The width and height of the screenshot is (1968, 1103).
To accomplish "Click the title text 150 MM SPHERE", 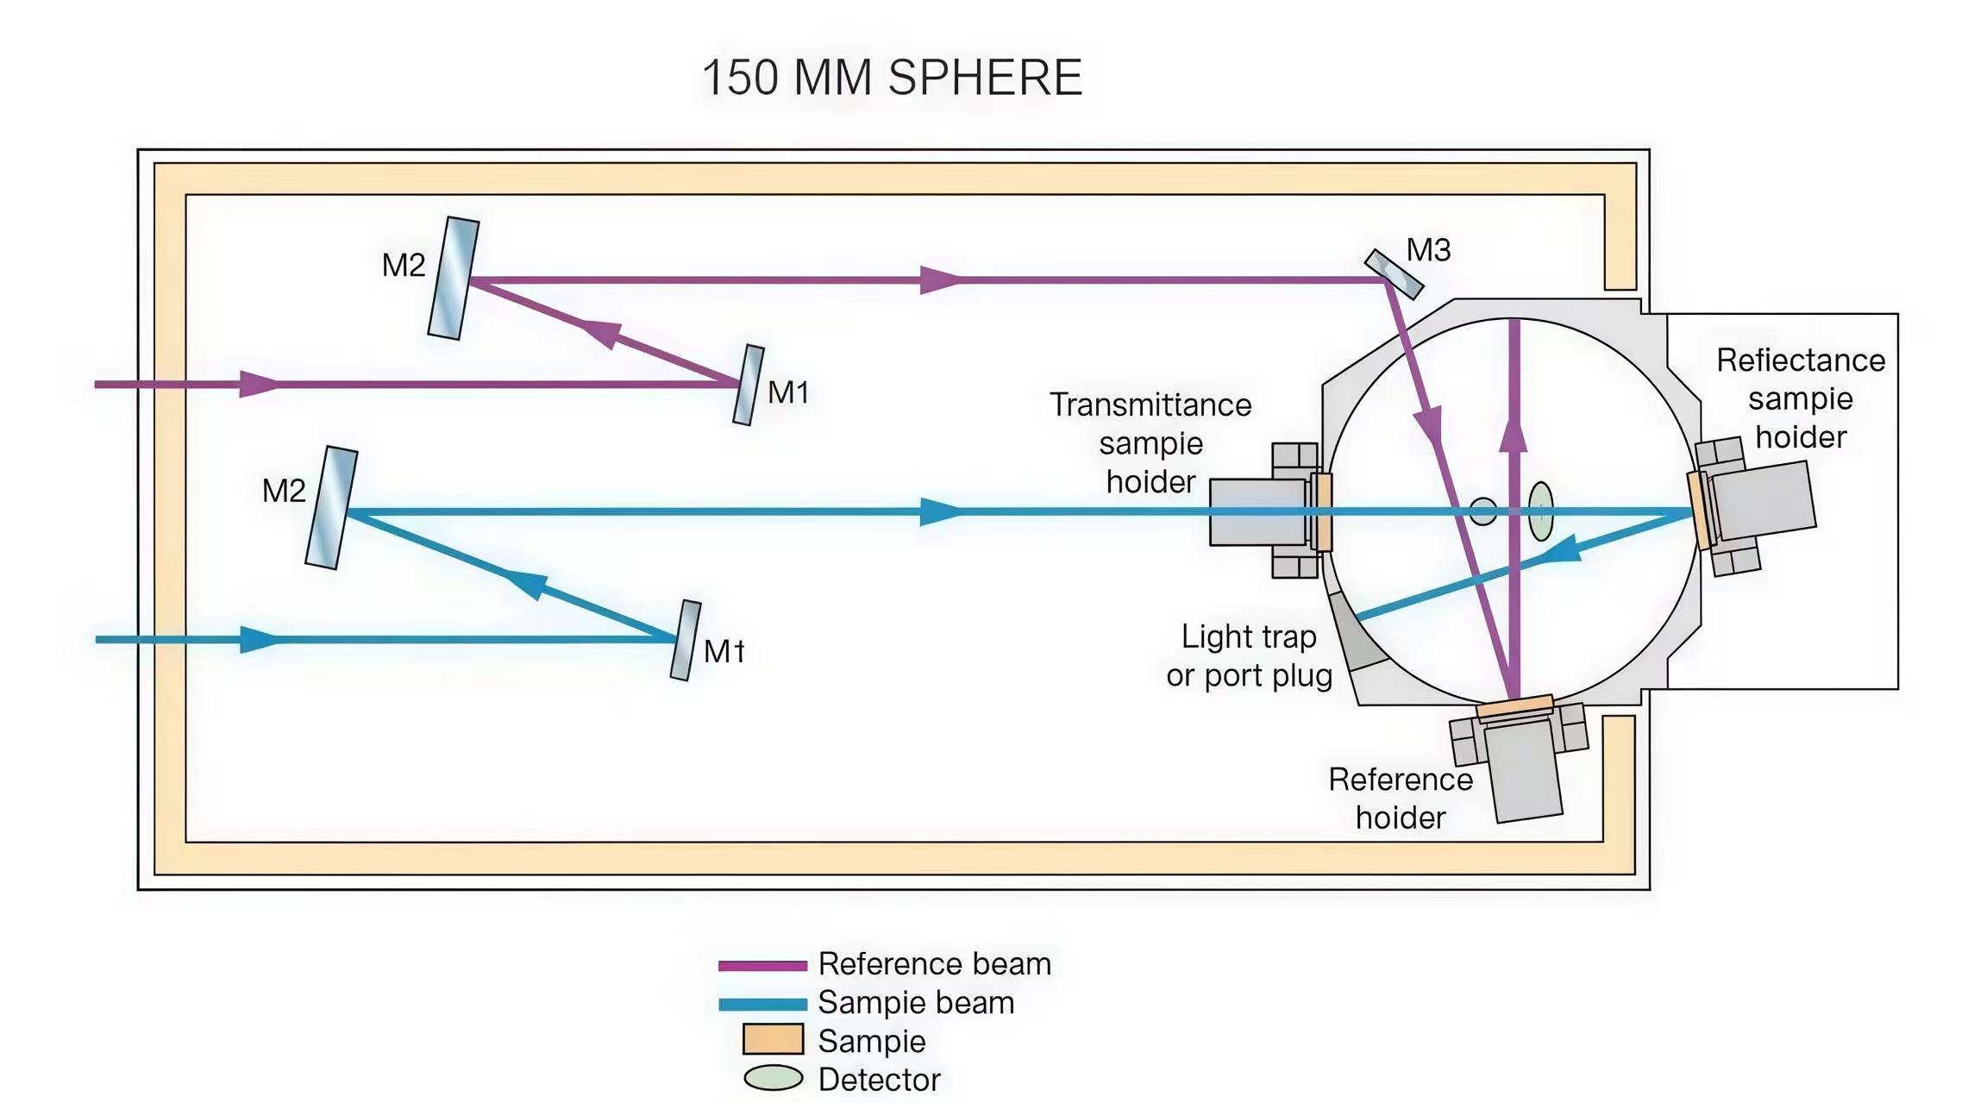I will [x=892, y=78].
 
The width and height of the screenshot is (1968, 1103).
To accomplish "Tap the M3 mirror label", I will [x=1428, y=250].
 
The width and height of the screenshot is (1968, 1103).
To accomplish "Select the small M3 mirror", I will [x=1394, y=274].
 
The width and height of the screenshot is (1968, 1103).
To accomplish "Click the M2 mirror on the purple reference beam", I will [x=454, y=279].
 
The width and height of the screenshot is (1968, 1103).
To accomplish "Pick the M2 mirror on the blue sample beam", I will [x=332, y=508].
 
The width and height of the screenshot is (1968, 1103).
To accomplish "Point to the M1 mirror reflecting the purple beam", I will [x=749, y=385].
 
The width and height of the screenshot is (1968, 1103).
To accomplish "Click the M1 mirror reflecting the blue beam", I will [x=686, y=641].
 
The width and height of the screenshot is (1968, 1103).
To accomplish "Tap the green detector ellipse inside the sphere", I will [x=1540, y=511].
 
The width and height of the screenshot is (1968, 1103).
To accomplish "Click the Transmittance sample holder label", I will [x=1150, y=442].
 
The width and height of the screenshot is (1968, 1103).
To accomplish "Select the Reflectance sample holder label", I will [x=1801, y=398].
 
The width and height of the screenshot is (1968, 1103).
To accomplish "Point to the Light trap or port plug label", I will [x=1249, y=655].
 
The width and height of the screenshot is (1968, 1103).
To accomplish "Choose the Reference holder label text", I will [x=1401, y=798].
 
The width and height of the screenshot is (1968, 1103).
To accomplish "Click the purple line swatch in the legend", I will [x=762, y=966].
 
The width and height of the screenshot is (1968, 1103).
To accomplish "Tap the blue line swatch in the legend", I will [x=762, y=1004].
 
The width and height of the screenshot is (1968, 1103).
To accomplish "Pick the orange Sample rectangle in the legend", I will [x=773, y=1039].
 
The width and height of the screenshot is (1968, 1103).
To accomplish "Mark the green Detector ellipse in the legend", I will [x=773, y=1078].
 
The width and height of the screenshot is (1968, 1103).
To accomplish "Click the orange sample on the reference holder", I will [x=1514, y=706].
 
